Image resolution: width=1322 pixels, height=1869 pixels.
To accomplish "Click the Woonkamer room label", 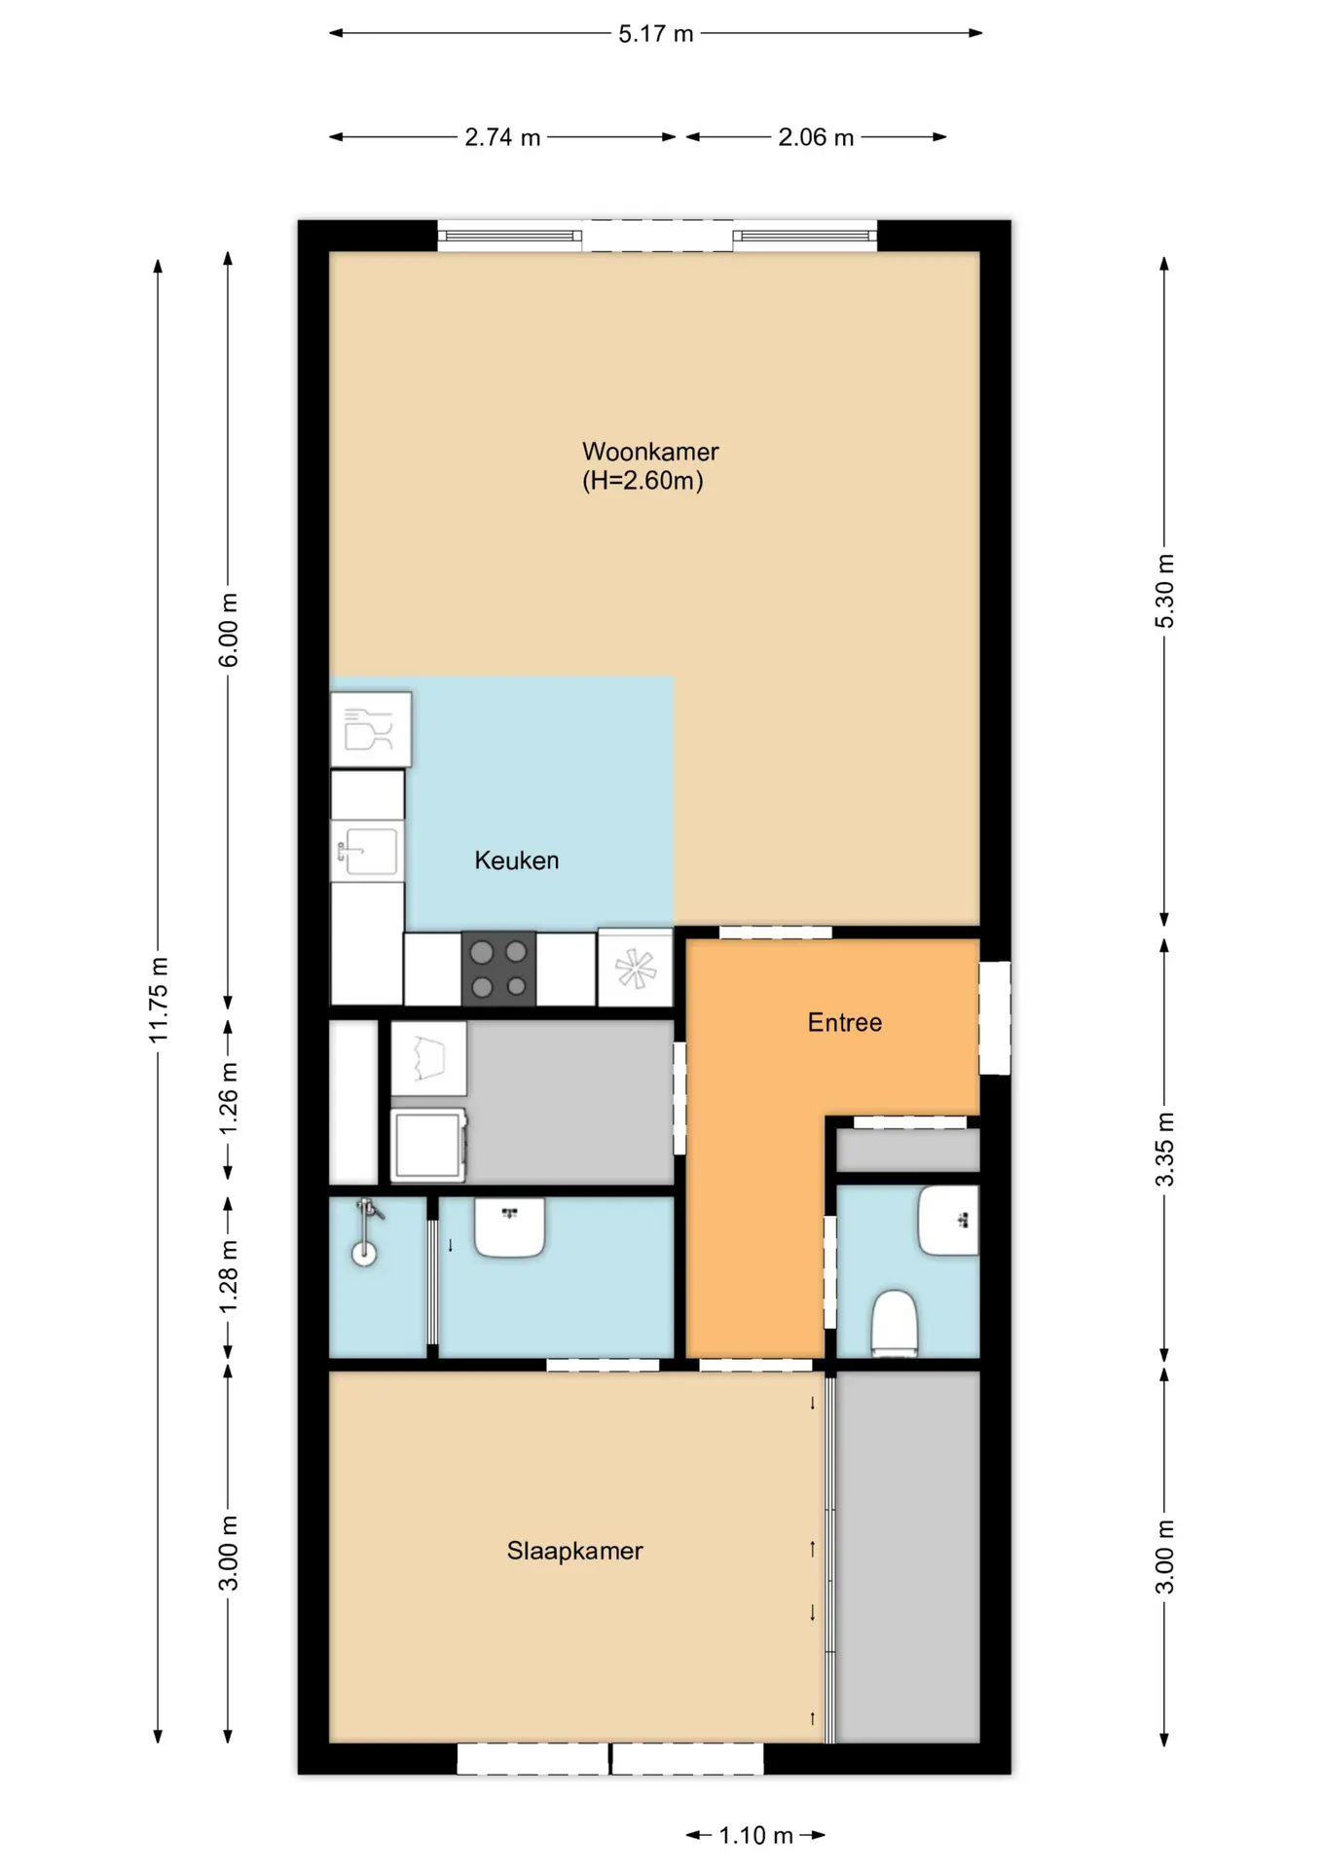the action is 650,452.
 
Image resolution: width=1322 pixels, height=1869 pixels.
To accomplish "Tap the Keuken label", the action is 517,861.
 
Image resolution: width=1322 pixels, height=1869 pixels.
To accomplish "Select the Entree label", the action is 845,1022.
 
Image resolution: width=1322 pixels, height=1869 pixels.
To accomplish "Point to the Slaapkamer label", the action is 574,1551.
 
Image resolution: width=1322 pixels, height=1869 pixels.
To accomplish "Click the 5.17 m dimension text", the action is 656,34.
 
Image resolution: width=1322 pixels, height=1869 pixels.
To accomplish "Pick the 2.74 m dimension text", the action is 502,137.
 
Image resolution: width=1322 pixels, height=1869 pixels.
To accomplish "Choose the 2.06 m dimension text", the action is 816,137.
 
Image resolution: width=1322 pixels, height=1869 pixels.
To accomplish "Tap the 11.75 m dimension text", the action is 159,1000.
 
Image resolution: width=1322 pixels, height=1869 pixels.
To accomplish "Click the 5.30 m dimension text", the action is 1165,591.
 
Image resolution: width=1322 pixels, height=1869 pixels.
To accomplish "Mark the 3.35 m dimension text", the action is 1165,1150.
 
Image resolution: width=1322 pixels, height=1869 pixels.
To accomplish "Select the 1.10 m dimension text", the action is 755,1835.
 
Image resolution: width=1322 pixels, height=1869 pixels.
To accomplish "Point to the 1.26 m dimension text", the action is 229,1098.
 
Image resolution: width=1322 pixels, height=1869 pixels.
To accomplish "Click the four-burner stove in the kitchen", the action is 499,969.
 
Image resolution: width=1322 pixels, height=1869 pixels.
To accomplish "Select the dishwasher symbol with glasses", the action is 371,729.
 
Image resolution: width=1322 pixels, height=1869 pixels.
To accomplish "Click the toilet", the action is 895,1323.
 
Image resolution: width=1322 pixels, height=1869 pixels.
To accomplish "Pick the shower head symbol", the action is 366,1230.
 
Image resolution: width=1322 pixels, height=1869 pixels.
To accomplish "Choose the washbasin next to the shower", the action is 509,1228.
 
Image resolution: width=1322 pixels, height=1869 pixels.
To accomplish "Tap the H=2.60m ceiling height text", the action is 643,481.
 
